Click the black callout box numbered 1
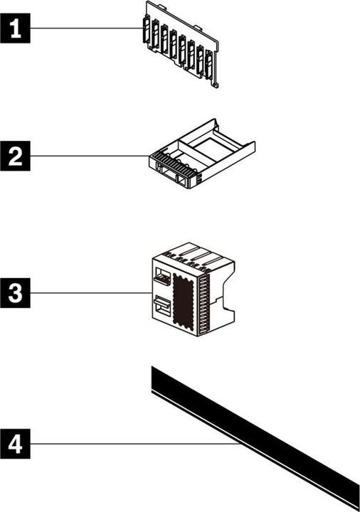click(15, 28)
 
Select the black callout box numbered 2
click(15, 156)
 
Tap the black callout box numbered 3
click(15, 293)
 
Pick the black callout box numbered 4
click(15, 444)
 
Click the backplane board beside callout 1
click(180, 45)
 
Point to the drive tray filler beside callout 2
click(202, 154)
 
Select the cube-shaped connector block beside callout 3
click(194, 292)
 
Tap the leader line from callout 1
click(86, 28)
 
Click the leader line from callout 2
click(90, 156)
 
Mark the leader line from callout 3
click(91, 293)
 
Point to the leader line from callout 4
click(136, 444)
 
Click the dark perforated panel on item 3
click(184, 299)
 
